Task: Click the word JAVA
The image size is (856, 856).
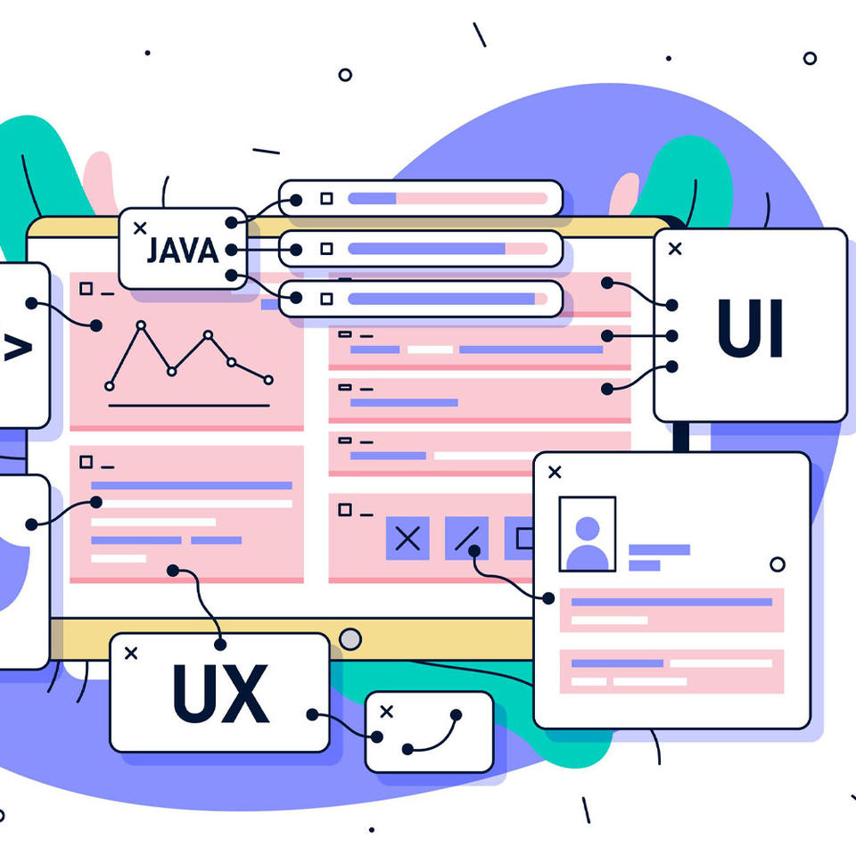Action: pos(182,251)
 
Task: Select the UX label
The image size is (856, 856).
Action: pos(220,693)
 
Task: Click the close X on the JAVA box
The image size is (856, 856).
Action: pos(140,228)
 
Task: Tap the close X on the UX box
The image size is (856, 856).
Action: pos(131,654)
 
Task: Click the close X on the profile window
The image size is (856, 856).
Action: pos(555,472)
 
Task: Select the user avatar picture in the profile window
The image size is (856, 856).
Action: pos(587,534)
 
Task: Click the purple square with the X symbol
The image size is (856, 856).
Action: pos(407,538)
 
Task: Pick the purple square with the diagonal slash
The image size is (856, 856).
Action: pos(466,538)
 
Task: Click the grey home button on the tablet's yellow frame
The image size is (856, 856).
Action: pos(351,638)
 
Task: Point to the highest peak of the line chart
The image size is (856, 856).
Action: pos(140,326)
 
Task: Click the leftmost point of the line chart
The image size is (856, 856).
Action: pos(110,386)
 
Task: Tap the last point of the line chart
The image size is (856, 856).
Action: pos(268,380)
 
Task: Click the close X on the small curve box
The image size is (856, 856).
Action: pos(386,711)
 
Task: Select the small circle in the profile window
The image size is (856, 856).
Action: pos(778,564)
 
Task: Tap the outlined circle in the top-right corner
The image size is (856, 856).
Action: pos(810,58)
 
